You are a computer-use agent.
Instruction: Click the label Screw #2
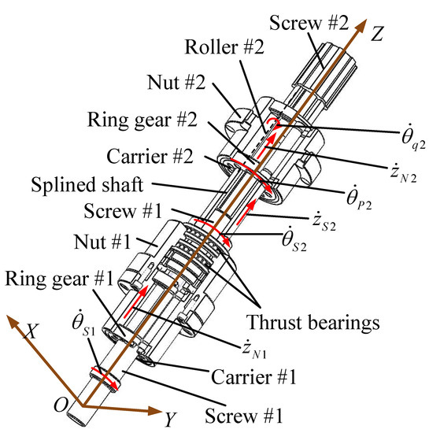pyautogui.click(x=309, y=23)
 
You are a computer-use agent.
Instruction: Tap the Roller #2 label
pyautogui.click(x=224, y=46)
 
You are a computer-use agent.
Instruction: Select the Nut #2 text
pyautogui.click(x=176, y=82)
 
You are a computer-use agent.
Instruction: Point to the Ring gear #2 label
pyautogui.click(x=142, y=120)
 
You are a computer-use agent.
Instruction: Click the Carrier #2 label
pyautogui.click(x=150, y=156)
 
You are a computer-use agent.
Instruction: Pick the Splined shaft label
pyautogui.click(x=87, y=184)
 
